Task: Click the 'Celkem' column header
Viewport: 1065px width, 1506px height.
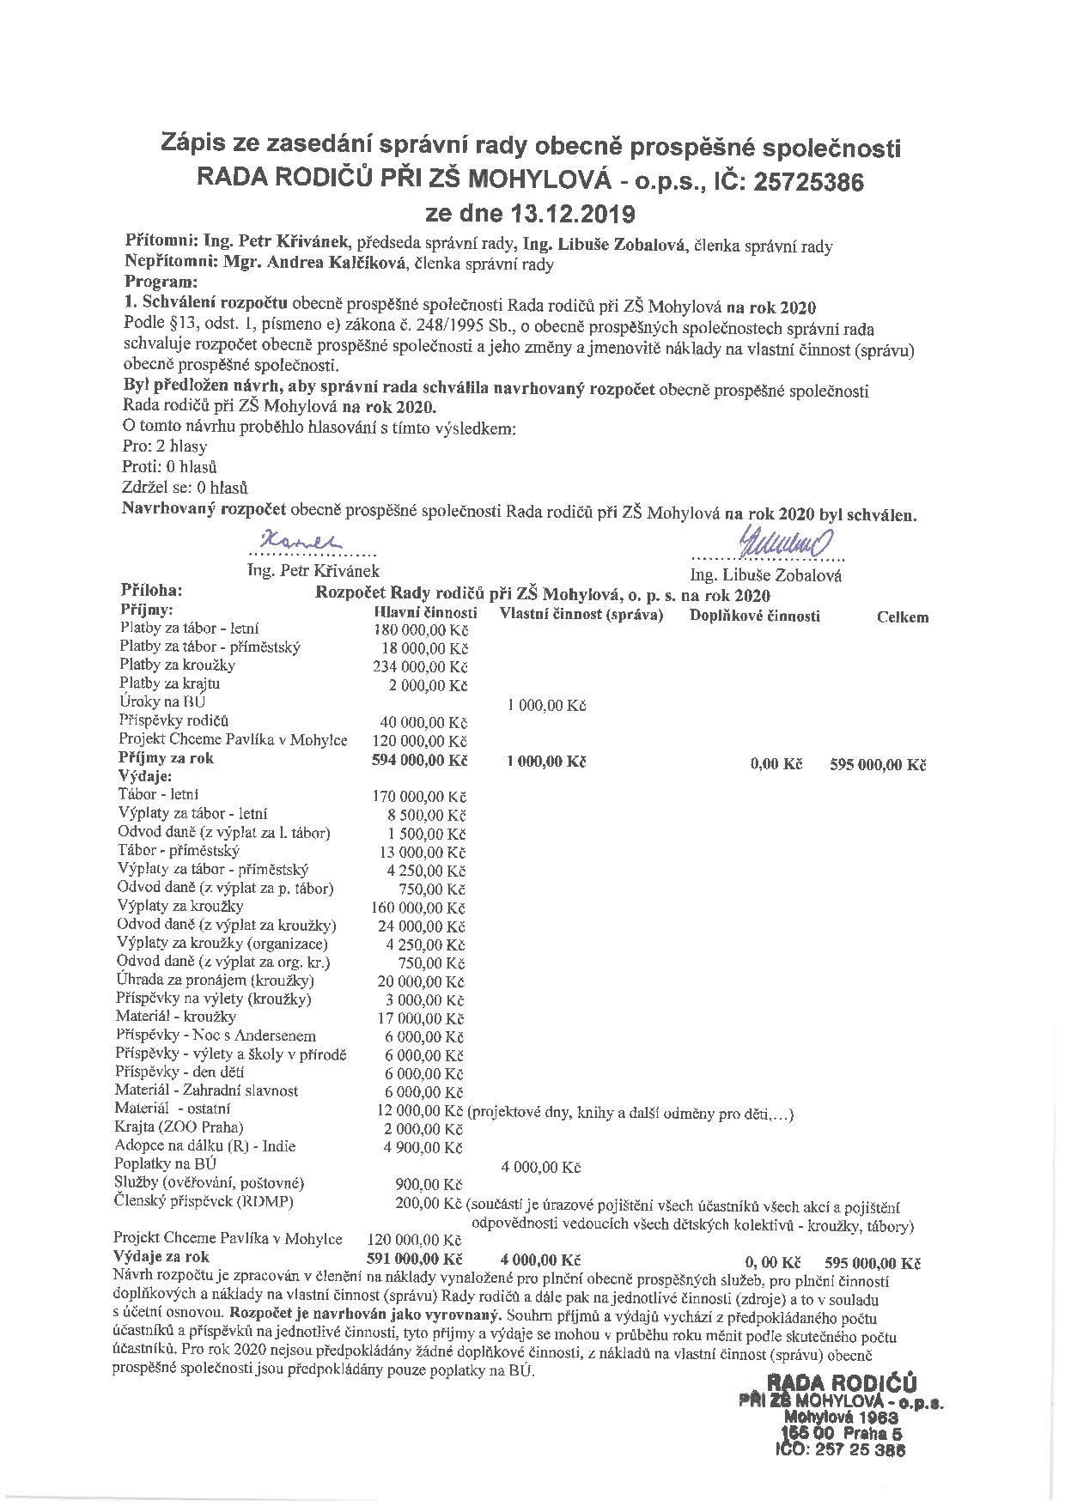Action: (902, 616)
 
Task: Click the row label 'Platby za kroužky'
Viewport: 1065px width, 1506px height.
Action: (178, 665)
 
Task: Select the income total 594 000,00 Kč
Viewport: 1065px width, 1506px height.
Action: (419, 760)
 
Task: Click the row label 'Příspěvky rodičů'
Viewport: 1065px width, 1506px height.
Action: (174, 720)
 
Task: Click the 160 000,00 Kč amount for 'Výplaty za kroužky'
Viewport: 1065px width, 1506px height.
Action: (418, 908)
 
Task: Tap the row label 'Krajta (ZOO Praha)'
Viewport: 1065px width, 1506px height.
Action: (179, 1126)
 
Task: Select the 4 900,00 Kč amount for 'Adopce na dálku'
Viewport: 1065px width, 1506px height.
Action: (423, 1147)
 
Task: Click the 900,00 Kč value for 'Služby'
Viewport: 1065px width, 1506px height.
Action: (429, 1184)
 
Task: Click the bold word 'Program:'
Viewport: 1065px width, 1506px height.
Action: (161, 282)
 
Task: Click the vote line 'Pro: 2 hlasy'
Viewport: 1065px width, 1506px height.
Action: (165, 446)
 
